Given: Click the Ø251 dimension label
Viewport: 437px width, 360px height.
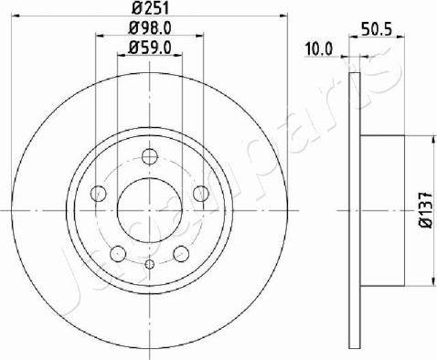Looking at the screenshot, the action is coord(150,8).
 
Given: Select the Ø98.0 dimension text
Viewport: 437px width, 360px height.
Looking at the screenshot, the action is coord(150,28).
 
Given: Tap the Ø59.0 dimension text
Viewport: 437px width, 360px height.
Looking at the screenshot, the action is coord(150,48).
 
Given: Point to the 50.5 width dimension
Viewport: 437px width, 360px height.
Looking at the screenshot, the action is coord(376,30).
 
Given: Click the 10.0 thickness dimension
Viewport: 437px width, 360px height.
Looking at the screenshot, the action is coord(319,49).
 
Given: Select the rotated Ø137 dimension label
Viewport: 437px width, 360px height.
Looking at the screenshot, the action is coord(426,210).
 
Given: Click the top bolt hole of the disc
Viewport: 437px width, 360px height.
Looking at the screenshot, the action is coord(150,156).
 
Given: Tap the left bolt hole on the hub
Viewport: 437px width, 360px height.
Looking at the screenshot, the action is coord(99,194).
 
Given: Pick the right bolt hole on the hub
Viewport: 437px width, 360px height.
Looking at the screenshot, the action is coord(201,194).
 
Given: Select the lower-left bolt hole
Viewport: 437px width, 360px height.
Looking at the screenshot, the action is coord(118,254).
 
